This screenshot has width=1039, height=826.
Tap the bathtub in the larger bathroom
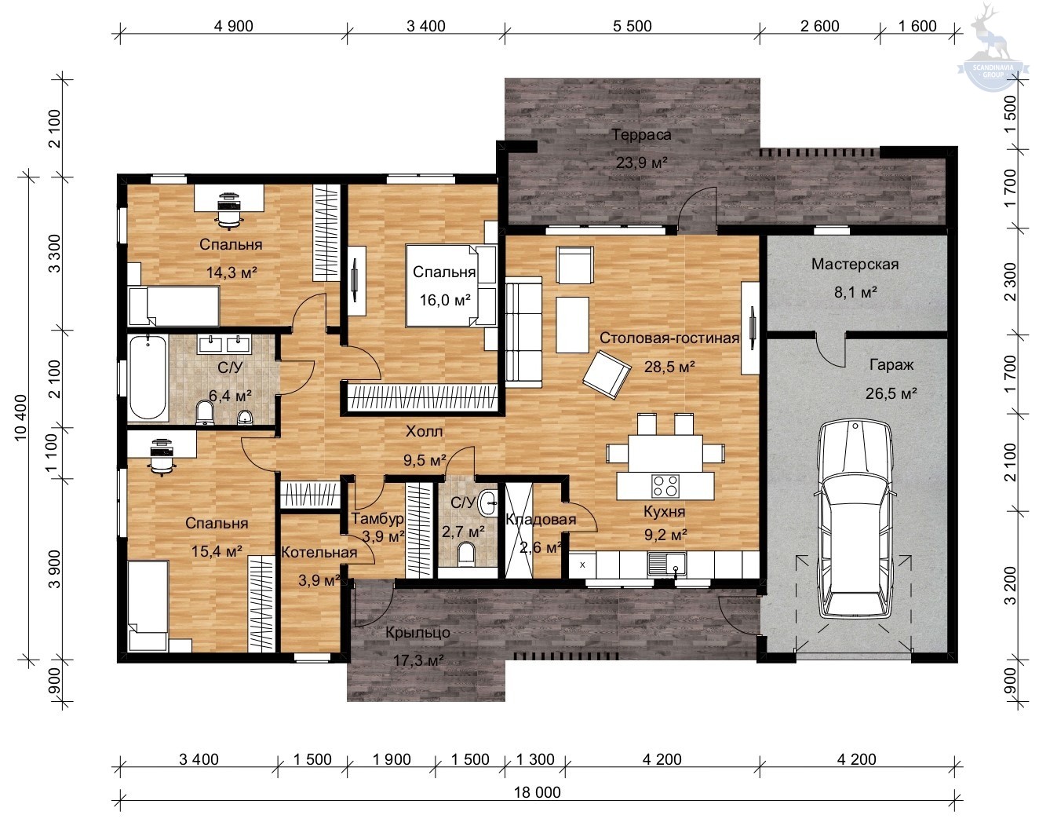(148, 377)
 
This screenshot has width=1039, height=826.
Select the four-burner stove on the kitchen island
(665, 485)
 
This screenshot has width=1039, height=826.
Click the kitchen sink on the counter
(666, 565)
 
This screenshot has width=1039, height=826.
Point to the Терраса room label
(641, 134)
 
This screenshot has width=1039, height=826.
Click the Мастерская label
(855, 265)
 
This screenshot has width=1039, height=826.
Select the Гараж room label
(891, 365)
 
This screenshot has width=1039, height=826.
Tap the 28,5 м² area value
(669, 367)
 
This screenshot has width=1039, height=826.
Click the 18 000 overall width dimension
(537, 792)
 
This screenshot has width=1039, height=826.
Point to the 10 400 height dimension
(20, 418)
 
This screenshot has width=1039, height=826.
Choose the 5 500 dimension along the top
(632, 26)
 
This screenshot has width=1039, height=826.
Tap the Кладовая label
(541, 519)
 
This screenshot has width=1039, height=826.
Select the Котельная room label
(319, 552)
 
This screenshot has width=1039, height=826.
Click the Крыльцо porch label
(417, 632)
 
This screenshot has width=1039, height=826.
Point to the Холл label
(424, 431)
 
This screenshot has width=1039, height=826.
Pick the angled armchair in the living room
(607, 375)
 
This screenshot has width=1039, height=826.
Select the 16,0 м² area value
(445, 301)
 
